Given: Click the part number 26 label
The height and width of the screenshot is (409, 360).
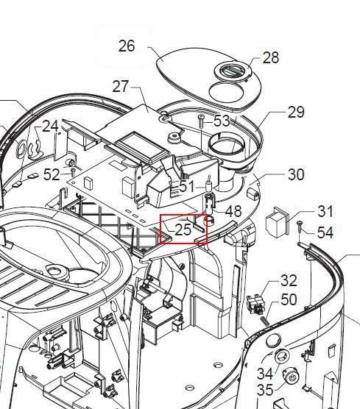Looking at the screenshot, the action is tap(127, 46).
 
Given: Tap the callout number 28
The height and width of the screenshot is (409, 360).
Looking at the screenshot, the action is tap(271, 57).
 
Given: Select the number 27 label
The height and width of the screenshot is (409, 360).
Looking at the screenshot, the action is tap(120, 86).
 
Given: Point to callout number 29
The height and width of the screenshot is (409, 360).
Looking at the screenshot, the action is tap(296, 112).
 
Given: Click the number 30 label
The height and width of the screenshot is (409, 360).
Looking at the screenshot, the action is tap(296, 174).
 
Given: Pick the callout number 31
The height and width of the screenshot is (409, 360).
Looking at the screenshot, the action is tap(325, 211).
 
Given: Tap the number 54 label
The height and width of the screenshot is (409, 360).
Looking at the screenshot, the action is tap(325, 232).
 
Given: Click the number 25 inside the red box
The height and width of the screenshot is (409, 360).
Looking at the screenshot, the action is tap(183, 230).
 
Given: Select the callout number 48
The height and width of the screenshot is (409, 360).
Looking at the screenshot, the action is tap(233, 211).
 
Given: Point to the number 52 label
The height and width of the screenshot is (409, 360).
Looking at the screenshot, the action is tap(52, 174).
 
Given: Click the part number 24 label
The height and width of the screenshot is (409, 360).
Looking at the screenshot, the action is tap(50, 127).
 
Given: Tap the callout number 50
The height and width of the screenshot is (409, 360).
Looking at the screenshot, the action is tap(289, 299).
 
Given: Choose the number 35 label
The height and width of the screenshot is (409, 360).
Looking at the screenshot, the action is tap(265, 391).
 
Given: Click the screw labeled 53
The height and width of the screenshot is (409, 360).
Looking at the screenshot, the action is tap(201, 121).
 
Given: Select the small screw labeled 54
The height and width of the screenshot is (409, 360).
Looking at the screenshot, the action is tap(300, 227).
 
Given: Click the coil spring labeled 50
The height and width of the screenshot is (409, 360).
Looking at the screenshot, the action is tap(265, 321).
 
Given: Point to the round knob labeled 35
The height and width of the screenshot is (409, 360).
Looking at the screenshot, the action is tap(292, 376).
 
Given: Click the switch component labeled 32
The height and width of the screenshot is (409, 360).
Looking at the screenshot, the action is tap(255, 302).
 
